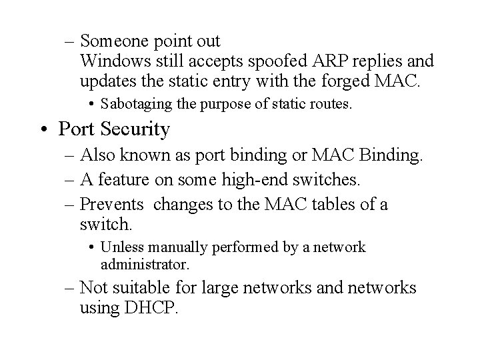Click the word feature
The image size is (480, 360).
125,179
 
